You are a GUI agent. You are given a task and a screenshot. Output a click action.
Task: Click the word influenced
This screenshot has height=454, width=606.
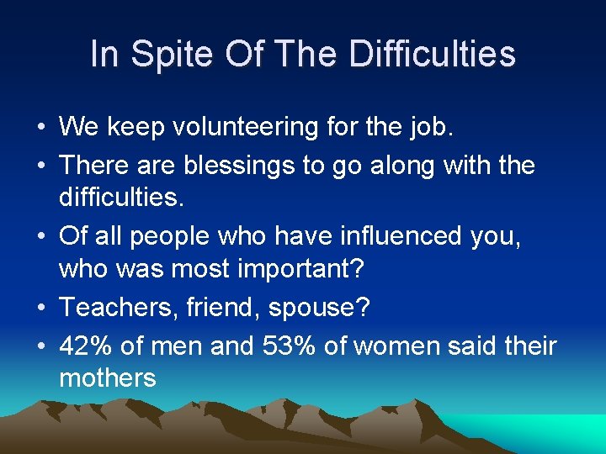(392, 237)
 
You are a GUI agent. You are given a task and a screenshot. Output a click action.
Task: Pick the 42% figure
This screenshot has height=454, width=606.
(86, 345)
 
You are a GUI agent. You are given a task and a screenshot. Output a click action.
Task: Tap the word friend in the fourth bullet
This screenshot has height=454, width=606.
(221, 309)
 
